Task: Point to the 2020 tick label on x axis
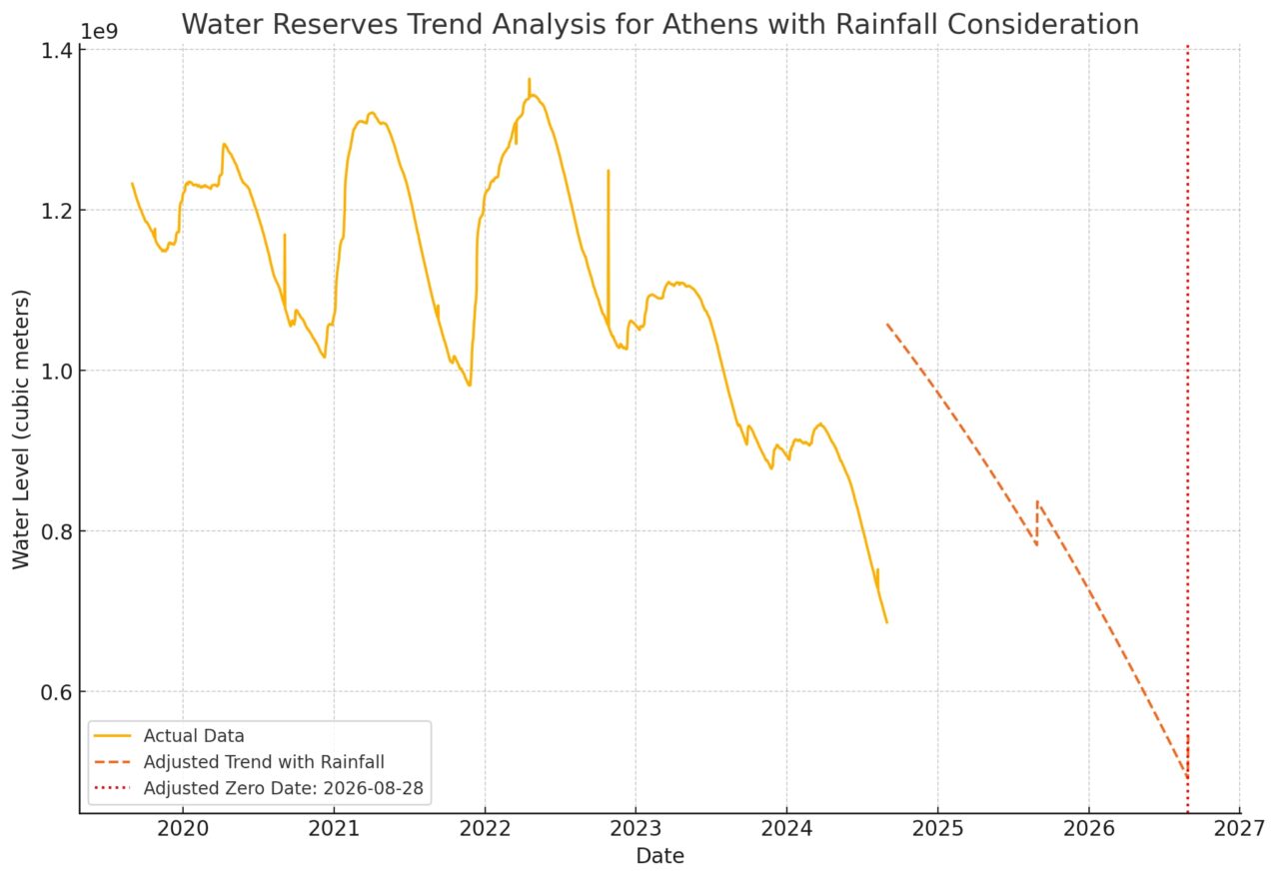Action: [183, 828]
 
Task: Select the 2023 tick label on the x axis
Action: [636, 828]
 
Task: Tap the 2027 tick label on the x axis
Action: [1239, 828]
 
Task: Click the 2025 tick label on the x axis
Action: [937, 828]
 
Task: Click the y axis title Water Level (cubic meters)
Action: [22, 429]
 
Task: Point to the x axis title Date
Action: [659, 856]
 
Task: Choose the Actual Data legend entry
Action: [194, 736]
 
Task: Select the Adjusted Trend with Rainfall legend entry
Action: [264, 762]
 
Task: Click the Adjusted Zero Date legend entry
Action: [283, 788]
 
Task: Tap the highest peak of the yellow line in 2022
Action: [529, 79]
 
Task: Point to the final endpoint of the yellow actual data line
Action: [886, 622]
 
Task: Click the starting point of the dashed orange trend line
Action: [887, 324]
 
